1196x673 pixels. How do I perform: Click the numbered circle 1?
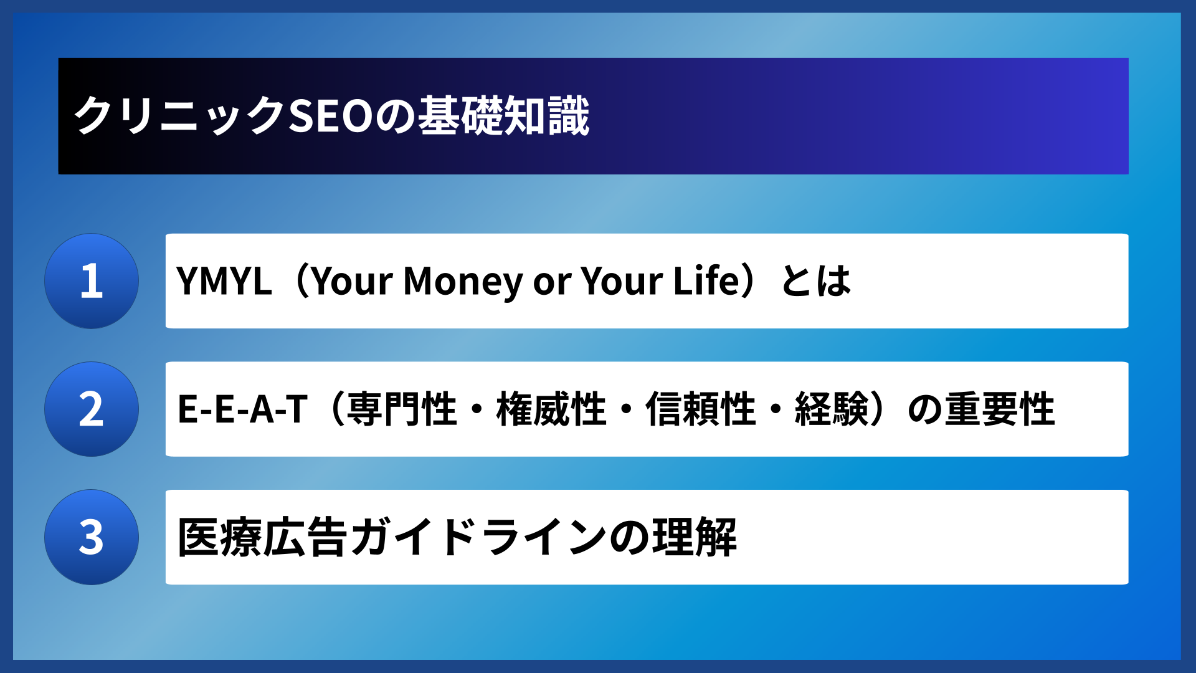[92, 281]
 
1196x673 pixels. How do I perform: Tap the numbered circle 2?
[92, 409]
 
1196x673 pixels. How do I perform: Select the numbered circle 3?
[92, 537]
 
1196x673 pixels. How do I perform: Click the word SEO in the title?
[331, 117]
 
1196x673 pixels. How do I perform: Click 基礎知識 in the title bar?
[503, 117]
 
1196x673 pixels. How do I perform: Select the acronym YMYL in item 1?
[224, 281]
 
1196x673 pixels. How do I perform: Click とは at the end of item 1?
[816, 281]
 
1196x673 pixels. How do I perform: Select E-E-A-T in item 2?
[242, 409]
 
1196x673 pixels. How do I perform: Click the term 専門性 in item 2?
[402, 409]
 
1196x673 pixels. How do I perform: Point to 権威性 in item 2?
[551, 409]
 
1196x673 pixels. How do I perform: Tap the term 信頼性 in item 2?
[701, 409]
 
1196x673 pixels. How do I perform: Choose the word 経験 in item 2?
[832, 409]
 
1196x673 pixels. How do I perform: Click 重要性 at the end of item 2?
[1000, 409]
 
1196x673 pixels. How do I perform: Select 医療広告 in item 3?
[262, 537]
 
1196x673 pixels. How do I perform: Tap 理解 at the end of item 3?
[695, 537]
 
